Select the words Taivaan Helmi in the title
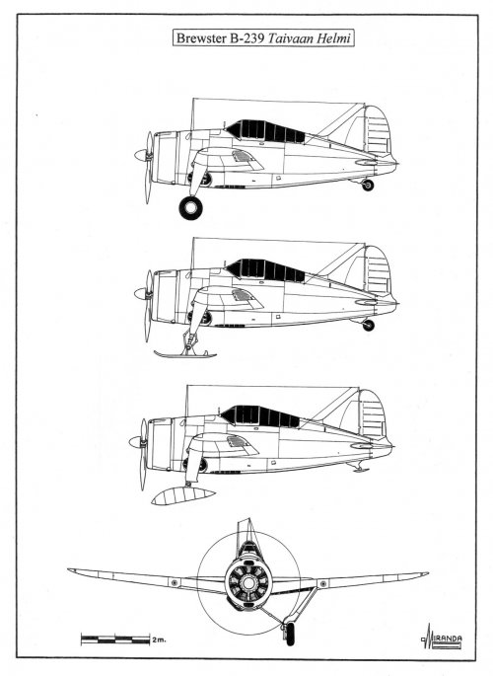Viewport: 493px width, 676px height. (310, 38)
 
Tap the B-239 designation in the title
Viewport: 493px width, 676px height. (246, 38)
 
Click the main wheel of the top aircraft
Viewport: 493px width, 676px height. (190, 208)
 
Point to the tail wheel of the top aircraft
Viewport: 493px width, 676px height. (368, 185)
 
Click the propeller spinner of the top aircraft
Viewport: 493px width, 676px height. (140, 155)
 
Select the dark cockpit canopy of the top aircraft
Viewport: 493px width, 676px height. (265, 131)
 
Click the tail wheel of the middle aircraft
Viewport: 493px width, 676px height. (368, 325)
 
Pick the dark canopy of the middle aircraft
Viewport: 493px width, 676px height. (265, 270)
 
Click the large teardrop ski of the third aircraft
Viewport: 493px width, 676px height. (183, 495)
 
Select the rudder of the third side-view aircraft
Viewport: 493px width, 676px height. (373, 415)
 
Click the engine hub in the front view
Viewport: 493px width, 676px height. (248, 583)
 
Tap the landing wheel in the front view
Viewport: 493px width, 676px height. (291, 635)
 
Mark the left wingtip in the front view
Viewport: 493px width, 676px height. (69, 570)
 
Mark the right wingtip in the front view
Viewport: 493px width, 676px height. (427, 573)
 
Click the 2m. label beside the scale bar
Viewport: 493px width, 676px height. (159, 639)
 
